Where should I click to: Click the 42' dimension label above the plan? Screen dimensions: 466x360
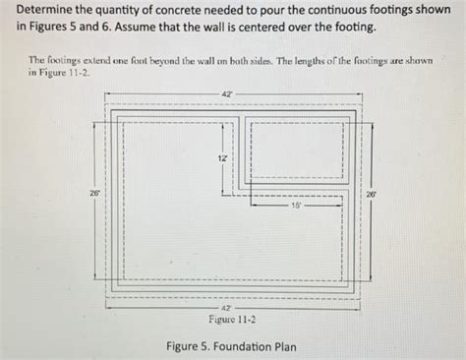[x=228, y=93]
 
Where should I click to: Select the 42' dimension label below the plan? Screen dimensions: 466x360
[x=228, y=307]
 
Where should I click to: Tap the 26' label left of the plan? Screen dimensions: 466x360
[x=94, y=194]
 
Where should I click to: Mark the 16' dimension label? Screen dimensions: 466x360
[x=296, y=207]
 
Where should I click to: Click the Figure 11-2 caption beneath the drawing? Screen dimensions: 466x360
[x=228, y=320]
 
